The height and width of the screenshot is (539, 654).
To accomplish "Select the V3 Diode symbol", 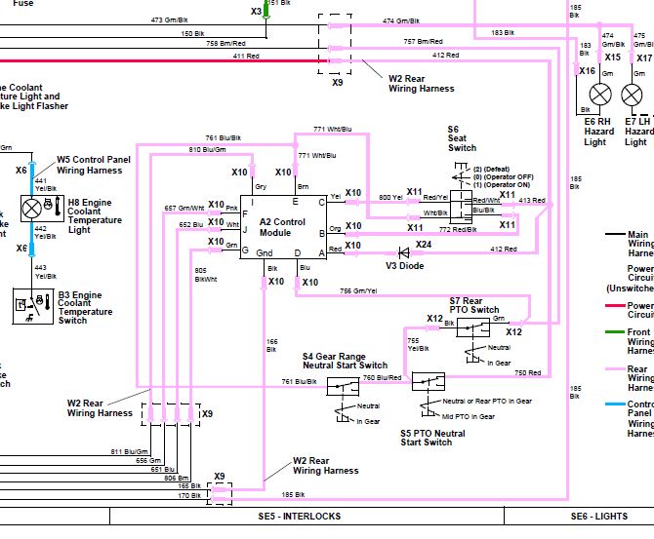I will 392,250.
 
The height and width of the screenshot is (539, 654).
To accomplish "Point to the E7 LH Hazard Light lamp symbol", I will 633,95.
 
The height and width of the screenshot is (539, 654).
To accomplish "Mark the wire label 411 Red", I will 246,57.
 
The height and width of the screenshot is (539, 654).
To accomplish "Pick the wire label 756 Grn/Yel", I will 358,289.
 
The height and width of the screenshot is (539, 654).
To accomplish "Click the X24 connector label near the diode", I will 424,244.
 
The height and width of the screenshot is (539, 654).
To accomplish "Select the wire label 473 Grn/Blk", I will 170,19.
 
